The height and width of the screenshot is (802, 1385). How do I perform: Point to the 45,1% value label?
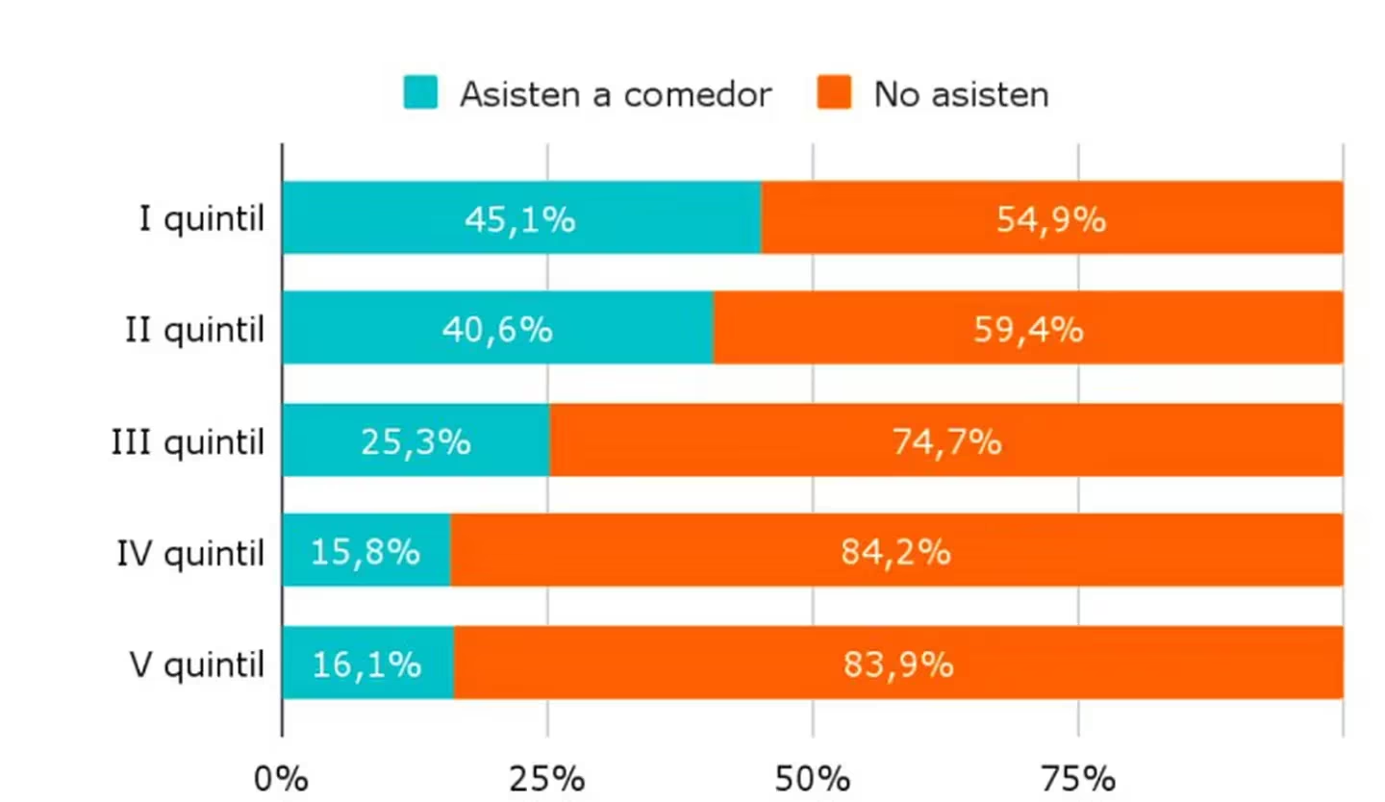[x=519, y=219]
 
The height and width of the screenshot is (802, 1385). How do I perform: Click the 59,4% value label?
[x=1028, y=330]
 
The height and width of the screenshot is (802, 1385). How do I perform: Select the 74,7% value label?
[x=946, y=441]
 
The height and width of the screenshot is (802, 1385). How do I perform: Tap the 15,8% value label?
[x=365, y=552]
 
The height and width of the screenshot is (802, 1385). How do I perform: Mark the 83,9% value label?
[x=897, y=664]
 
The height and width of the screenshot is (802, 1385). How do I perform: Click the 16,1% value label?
[x=366, y=664]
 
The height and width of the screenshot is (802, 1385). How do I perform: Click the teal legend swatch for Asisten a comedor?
[x=420, y=92]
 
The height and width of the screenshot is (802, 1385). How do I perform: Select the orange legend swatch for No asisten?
[x=834, y=92]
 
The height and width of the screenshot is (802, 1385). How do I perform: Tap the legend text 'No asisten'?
[x=961, y=94]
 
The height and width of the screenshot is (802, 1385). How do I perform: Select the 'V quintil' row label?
[x=196, y=664]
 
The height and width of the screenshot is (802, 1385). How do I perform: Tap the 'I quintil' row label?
[x=201, y=219]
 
